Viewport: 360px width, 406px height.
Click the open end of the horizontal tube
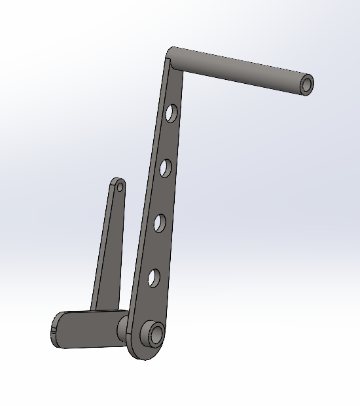[x=306, y=84]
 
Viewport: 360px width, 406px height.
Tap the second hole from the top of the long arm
[x=165, y=168]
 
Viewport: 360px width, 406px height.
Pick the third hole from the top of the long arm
[x=159, y=224]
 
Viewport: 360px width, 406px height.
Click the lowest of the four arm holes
[x=153, y=279]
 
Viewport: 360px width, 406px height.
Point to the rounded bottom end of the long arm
[x=147, y=352]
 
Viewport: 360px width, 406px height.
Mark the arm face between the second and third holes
[x=162, y=196]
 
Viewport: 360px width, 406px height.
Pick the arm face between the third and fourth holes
[x=156, y=252]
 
